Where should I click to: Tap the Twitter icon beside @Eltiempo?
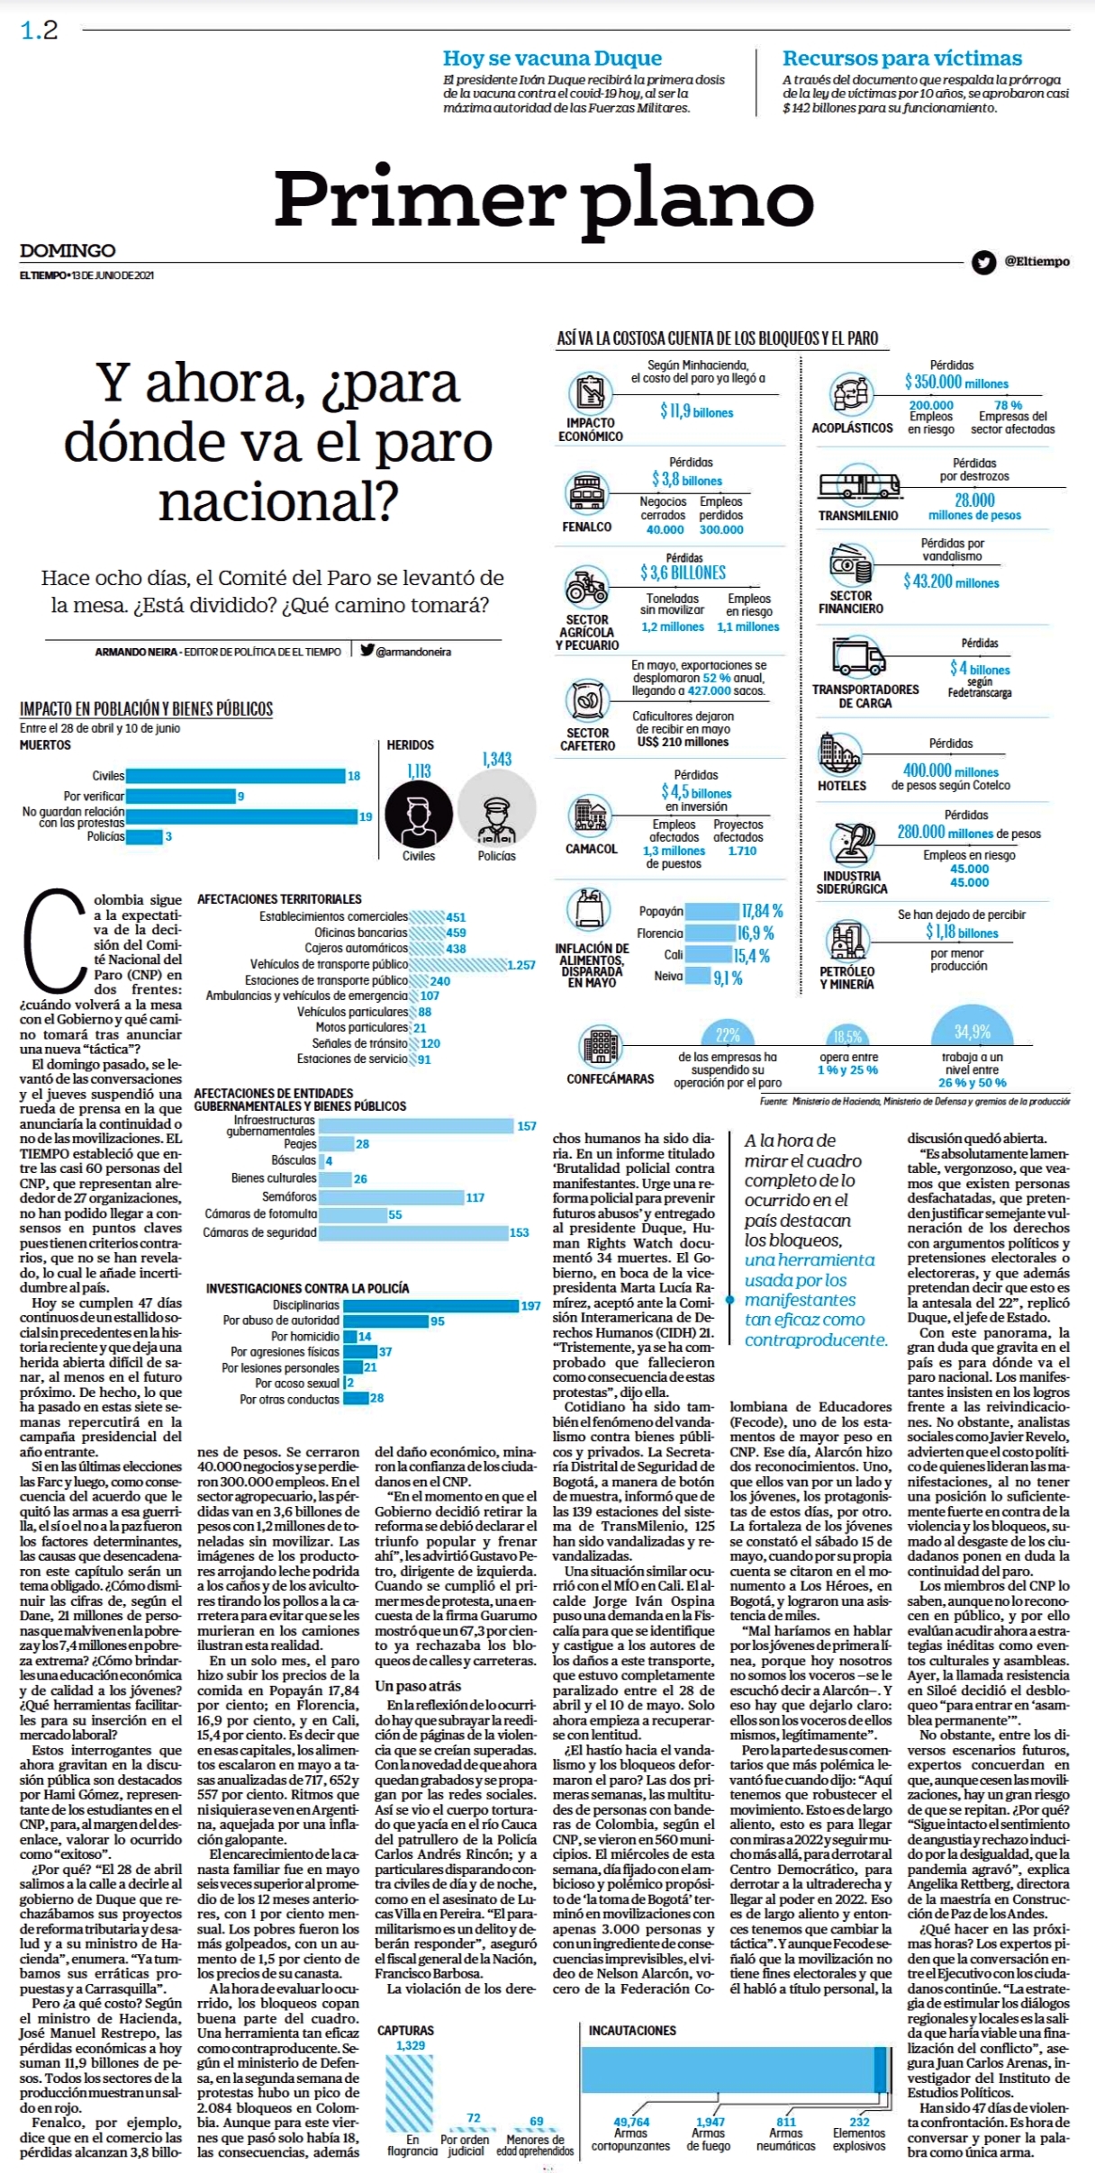click(983, 262)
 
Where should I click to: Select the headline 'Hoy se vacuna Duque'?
click(552, 59)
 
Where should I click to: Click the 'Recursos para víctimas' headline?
click(902, 59)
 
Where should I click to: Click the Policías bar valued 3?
click(144, 837)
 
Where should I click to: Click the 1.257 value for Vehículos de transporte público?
click(520, 965)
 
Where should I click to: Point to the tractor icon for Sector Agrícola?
click(586, 587)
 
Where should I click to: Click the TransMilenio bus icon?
click(859, 485)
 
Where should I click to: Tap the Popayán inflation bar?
click(711, 911)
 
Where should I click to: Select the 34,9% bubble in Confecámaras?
click(973, 1032)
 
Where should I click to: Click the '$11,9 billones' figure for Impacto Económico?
click(697, 411)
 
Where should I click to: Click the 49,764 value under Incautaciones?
click(631, 2122)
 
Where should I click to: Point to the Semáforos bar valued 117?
click(391, 1197)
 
